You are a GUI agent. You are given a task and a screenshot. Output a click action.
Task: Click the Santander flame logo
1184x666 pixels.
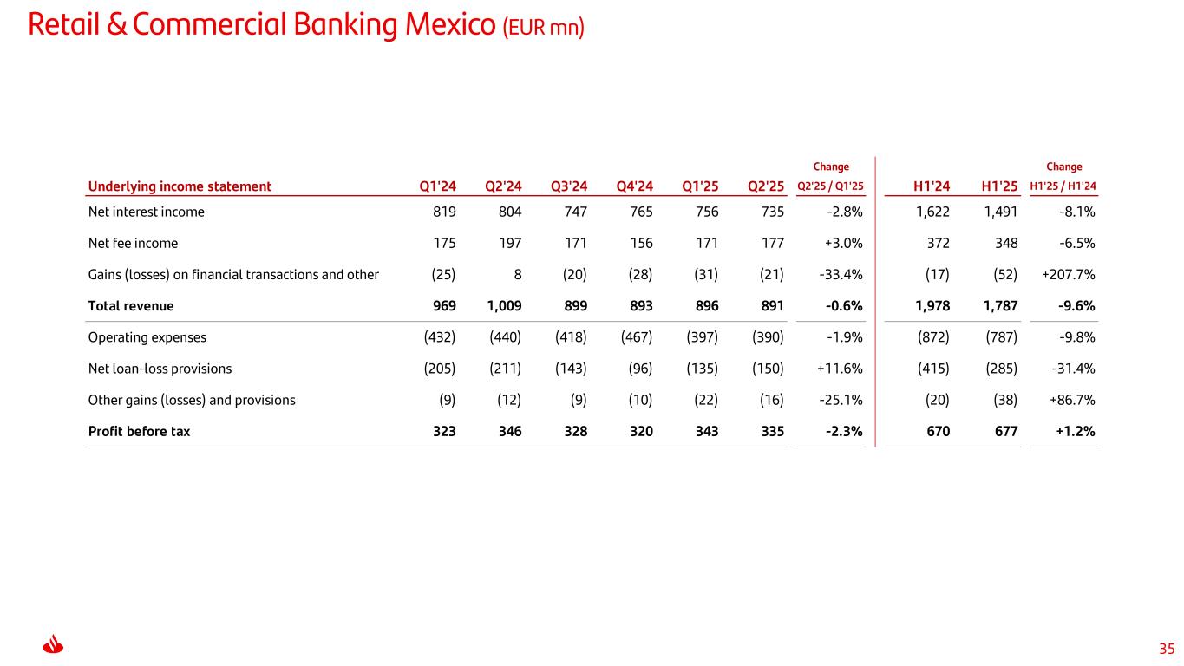click(x=54, y=645)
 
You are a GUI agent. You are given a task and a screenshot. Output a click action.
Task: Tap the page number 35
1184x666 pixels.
click(x=1167, y=649)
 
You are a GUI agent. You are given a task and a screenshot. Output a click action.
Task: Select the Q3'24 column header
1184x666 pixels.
click(x=569, y=186)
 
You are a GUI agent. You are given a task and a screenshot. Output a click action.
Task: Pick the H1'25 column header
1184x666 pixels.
click(x=999, y=186)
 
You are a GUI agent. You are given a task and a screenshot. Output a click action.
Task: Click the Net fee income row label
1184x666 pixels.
click(x=133, y=244)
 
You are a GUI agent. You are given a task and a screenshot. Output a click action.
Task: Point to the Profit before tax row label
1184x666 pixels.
click(x=139, y=431)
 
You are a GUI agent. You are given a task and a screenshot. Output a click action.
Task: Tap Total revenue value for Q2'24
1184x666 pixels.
click(x=503, y=306)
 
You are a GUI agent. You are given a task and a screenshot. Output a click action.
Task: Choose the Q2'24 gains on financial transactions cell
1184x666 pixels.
click(x=516, y=275)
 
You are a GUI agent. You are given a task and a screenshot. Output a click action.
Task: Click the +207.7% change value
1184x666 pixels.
click(x=1068, y=275)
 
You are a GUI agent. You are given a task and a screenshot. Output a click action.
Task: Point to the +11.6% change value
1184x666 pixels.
click(x=840, y=369)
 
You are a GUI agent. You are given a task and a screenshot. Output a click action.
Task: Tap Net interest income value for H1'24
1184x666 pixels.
click(x=932, y=212)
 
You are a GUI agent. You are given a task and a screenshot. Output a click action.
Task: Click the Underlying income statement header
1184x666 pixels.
click(x=180, y=186)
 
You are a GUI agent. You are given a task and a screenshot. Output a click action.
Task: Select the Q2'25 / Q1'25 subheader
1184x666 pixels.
click(x=830, y=186)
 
